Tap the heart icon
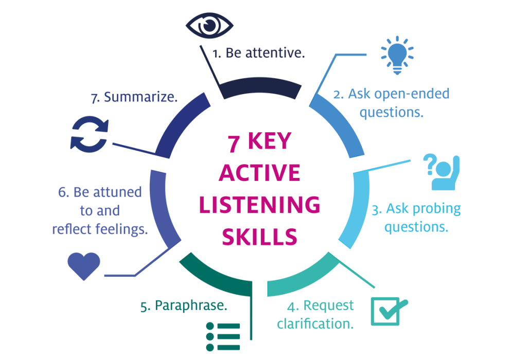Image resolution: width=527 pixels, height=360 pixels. tap(84, 264)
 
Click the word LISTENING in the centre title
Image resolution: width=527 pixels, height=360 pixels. tap(259, 205)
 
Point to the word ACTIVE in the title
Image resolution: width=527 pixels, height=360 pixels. tap(259, 173)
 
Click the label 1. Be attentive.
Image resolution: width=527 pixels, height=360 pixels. tap(259, 53)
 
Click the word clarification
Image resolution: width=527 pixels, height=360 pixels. tap(315, 323)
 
